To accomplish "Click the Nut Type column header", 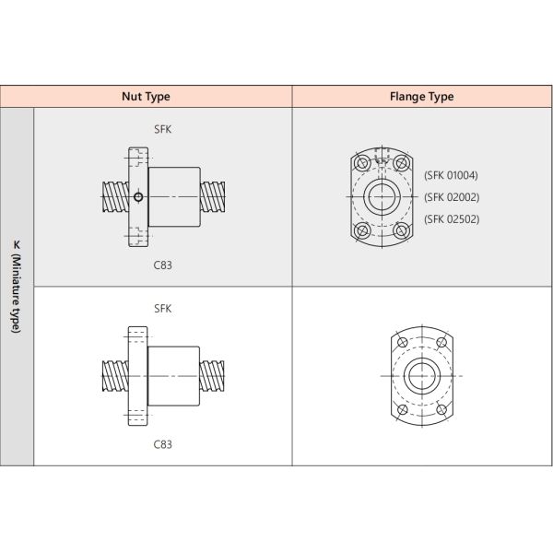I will click(146, 96).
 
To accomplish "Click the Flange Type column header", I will click(422, 96).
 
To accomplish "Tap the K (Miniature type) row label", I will click(17, 287).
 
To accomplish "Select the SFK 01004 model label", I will click(451, 175).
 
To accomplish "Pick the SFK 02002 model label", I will click(451, 196).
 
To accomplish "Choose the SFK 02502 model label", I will click(451, 218).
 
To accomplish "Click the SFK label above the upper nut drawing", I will click(162, 130).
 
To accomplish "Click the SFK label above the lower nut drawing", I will click(162, 309).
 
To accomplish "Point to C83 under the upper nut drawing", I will click(162, 265).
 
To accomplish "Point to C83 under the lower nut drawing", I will click(162, 443).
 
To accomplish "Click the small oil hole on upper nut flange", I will click(137, 196).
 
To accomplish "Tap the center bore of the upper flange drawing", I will click(381, 196).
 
